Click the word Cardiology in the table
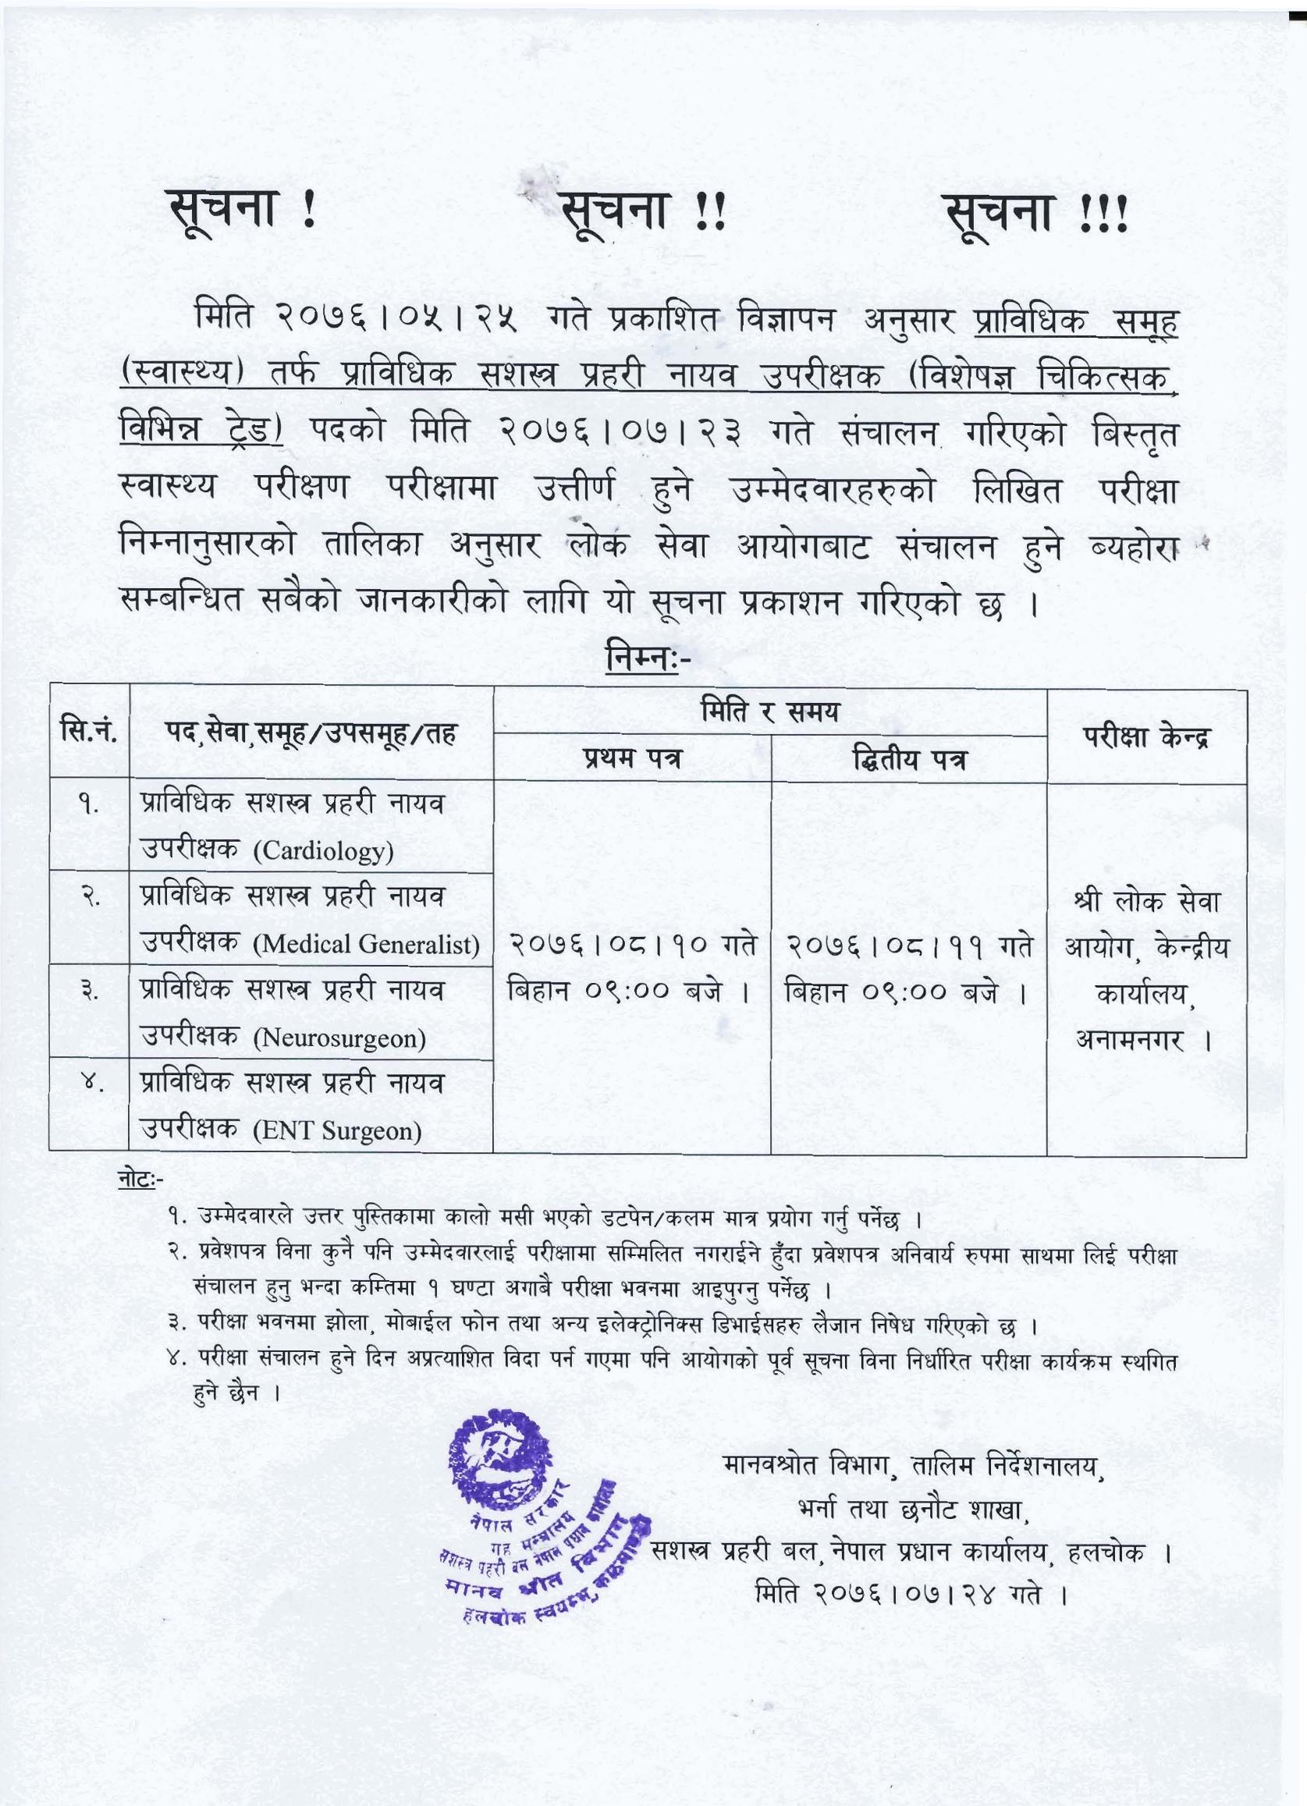pyautogui.click(x=323, y=853)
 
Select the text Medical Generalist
pyautogui.click(x=367, y=946)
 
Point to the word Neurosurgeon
pyautogui.click(x=339, y=1039)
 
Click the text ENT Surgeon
pyautogui.click(x=337, y=1131)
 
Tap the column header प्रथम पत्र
pyautogui.click(x=631, y=759)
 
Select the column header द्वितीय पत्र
pyautogui.click(x=909, y=759)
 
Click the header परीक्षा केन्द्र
pyautogui.click(x=1146, y=736)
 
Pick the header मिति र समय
pyautogui.click(x=769, y=711)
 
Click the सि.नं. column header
pyautogui.click(x=88, y=731)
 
